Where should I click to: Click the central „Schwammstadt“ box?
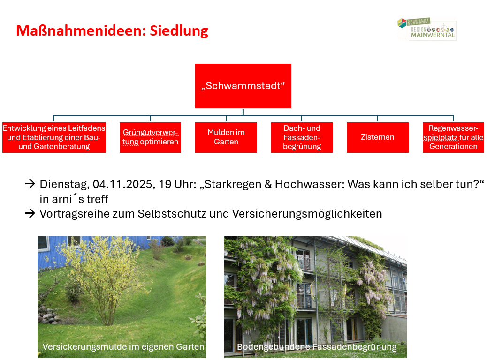coord(243,86)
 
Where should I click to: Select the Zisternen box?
coord(377,137)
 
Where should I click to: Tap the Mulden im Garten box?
coord(226,137)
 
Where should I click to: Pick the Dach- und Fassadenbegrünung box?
coord(302,137)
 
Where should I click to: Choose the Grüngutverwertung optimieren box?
coord(150,137)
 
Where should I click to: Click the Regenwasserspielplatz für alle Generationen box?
coord(454,137)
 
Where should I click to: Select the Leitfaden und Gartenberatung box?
coord(54,137)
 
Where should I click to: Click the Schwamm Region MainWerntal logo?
coord(427,29)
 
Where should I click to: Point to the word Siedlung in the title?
coord(179,31)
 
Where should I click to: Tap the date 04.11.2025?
coord(122,184)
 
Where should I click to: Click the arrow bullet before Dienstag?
coord(30,184)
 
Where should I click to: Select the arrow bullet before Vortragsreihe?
coord(30,214)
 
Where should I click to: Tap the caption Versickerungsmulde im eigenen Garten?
coord(123,347)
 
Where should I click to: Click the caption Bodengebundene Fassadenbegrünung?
coord(317,347)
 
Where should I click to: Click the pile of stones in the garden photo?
coord(48,315)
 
